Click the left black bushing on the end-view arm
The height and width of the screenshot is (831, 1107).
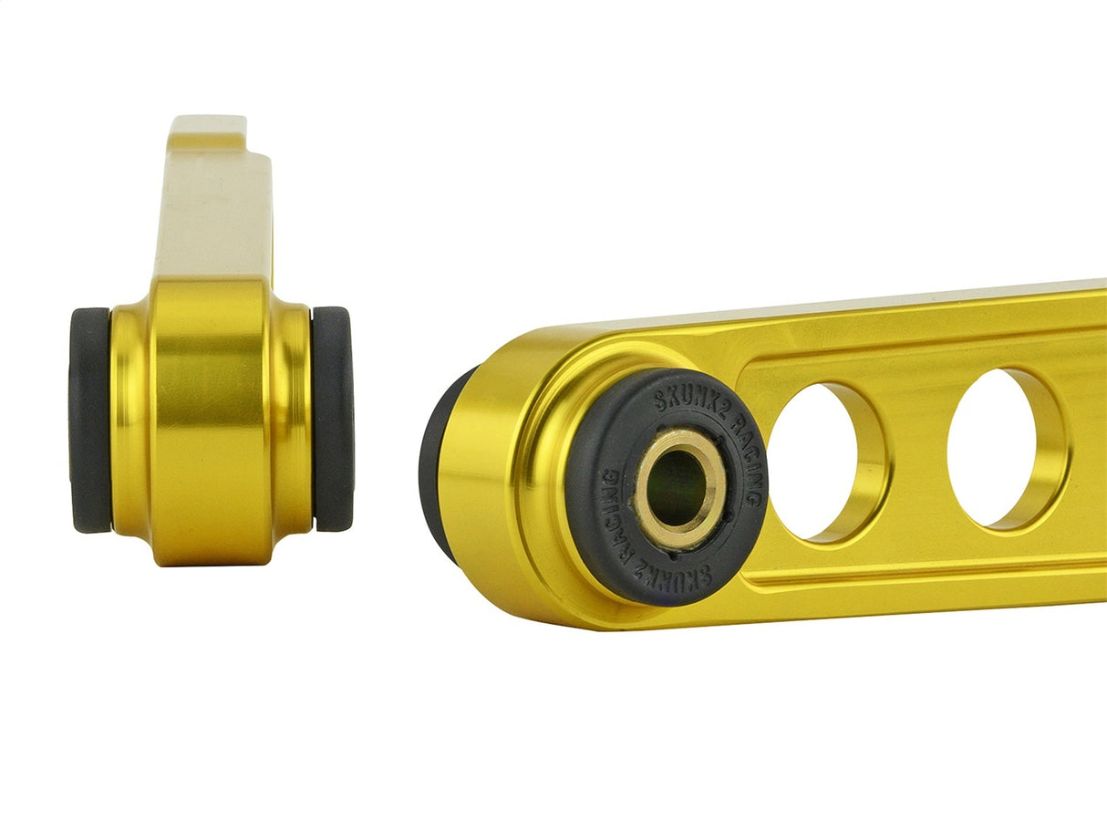tap(89, 420)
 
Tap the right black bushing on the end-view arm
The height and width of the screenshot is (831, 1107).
tap(332, 420)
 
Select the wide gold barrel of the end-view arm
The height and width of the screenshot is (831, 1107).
tap(210, 420)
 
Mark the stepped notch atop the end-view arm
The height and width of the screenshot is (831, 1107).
tap(233, 137)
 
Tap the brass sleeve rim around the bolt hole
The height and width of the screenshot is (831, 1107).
tap(650, 511)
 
